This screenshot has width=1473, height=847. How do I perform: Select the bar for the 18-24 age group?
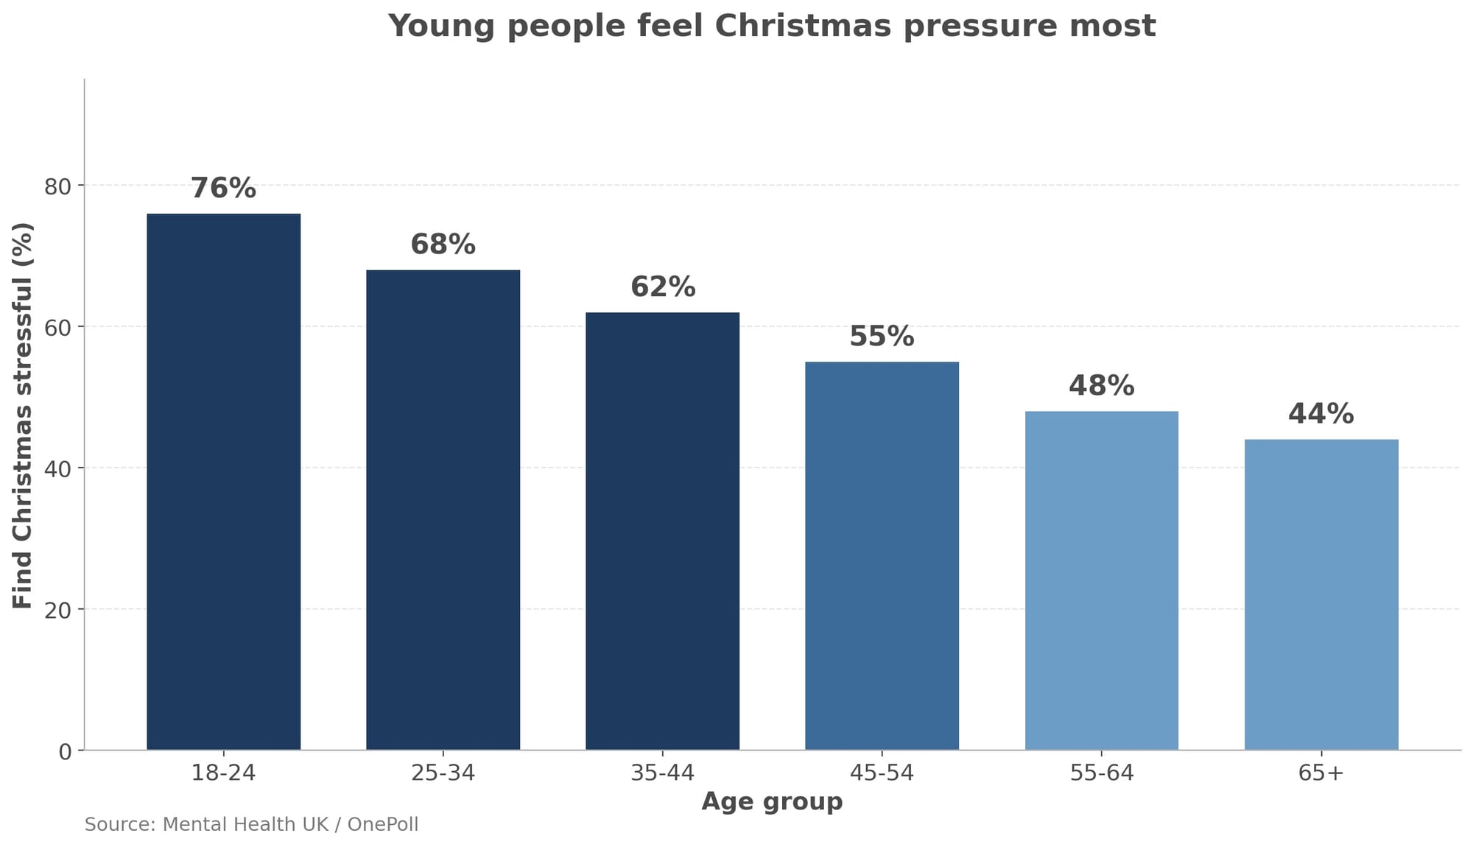click(223, 482)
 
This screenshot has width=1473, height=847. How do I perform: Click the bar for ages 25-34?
click(443, 510)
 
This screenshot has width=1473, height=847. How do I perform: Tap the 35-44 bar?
click(662, 531)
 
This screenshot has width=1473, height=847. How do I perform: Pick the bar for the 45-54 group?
click(882, 555)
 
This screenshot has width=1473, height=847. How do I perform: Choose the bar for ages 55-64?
click(1101, 580)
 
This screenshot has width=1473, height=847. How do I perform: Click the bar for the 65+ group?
click(1321, 594)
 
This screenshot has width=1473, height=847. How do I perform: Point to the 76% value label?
click(223, 189)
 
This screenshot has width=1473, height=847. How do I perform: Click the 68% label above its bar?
click(443, 245)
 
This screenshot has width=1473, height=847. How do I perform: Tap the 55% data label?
click(882, 337)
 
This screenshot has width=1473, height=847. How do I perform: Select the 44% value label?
click(1321, 414)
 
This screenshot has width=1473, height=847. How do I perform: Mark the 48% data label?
click(1101, 386)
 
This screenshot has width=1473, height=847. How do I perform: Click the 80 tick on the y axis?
click(58, 186)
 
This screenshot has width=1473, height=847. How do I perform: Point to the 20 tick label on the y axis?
click(58, 611)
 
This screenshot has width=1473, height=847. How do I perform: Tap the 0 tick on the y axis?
click(66, 752)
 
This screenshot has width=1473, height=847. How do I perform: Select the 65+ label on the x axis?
click(1321, 773)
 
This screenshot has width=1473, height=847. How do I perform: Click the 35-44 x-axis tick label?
click(662, 773)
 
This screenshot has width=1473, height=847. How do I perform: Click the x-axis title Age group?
click(772, 801)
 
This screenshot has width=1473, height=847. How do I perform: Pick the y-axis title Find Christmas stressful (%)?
click(24, 415)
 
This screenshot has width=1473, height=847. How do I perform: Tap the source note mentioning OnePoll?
click(251, 824)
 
